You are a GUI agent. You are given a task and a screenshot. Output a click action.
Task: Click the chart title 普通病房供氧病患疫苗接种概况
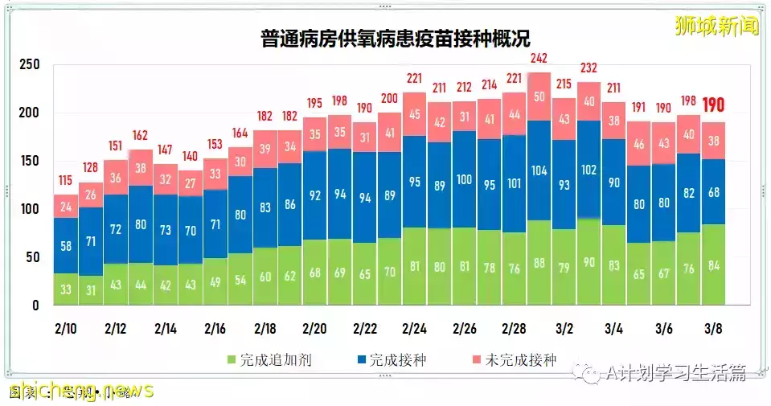pyautogui.click(x=395, y=39)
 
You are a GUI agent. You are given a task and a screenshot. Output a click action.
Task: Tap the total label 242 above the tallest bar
pyautogui.click(x=539, y=59)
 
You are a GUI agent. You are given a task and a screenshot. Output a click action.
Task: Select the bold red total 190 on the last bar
pyautogui.click(x=714, y=105)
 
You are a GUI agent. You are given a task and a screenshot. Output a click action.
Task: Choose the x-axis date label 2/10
pyautogui.click(x=66, y=329)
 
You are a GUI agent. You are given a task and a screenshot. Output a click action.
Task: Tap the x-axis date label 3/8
pyautogui.click(x=713, y=329)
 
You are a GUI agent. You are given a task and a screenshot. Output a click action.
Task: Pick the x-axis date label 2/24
pyautogui.click(x=414, y=329)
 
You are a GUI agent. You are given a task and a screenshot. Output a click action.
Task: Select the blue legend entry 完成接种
pyautogui.click(x=391, y=360)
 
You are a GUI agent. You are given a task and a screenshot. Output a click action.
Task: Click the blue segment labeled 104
pyautogui.click(x=539, y=170)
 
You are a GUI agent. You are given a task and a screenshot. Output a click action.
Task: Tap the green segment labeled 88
pyautogui.click(x=539, y=263)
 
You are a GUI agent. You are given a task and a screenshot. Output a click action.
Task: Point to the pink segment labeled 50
pyautogui.click(x=539, y=96)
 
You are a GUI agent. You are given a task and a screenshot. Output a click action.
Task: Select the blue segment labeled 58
pyautogui.click(x=66, y=245)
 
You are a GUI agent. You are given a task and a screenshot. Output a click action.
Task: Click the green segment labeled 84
pyautogui.click(x=714, y=265)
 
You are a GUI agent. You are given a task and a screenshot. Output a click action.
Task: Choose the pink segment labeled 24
pyautogui.click(x=66, y=206)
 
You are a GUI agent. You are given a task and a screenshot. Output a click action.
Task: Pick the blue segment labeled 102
pyautogui.click(x=589, y=170)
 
